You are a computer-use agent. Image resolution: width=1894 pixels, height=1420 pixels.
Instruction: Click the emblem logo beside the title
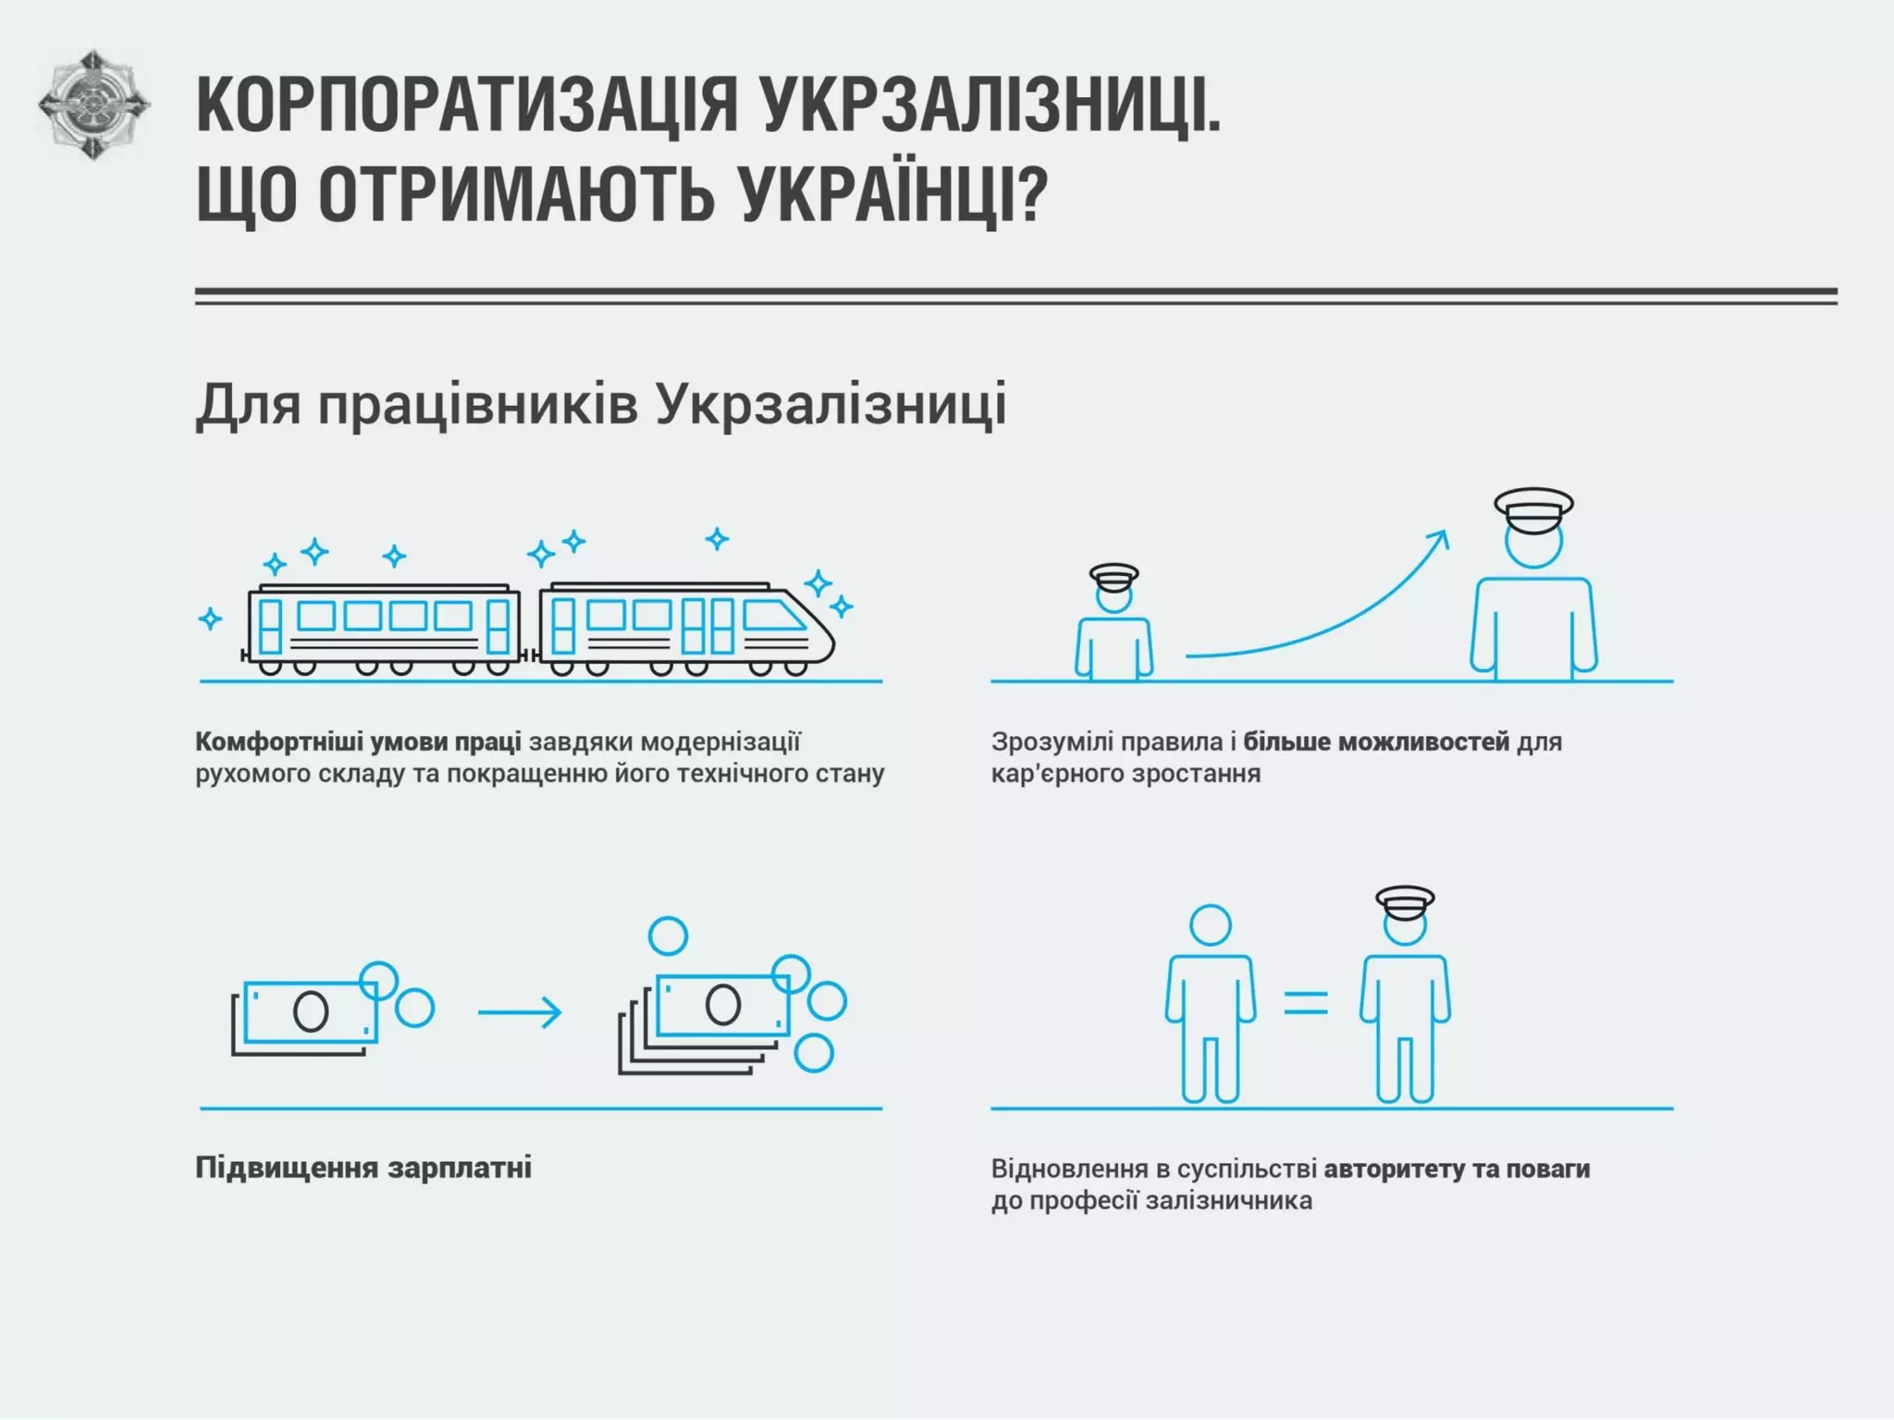(x=93, y=104)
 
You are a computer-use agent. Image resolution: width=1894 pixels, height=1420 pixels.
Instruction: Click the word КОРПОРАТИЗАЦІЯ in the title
(x=467, y=105)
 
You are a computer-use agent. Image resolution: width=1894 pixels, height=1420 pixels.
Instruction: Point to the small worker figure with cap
(x=1113, y=624)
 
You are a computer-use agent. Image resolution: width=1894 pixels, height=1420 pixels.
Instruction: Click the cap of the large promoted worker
(x=1533, y=509)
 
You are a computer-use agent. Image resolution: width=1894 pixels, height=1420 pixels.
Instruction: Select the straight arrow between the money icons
(x=519, y=1012)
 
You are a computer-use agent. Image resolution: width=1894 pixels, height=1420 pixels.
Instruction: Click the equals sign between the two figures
(x=1306, y=1003)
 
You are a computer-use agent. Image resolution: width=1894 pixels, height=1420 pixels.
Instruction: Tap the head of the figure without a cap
(x=1210, y=925)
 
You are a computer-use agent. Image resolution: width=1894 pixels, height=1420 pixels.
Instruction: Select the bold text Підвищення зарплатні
(x=363, y=1168)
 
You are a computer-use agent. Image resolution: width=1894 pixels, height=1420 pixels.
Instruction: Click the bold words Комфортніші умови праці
(x=358, y=741)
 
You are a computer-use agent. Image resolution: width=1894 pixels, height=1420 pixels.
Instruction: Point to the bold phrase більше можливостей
(x=1376, y=741)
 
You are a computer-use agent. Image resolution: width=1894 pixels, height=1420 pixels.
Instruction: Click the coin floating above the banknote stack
(x=668, y=936)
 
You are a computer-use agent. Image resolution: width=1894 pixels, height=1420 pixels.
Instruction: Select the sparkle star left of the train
(x=211, y=618)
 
